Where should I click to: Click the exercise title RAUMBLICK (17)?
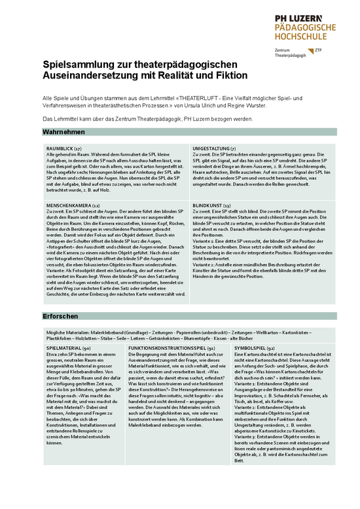[x=64, y=149]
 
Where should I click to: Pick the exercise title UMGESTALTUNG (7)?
[x=214, y=149]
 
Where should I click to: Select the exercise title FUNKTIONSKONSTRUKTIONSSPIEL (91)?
[x=172, y=348]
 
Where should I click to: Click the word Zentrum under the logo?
[x=283, y=50]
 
